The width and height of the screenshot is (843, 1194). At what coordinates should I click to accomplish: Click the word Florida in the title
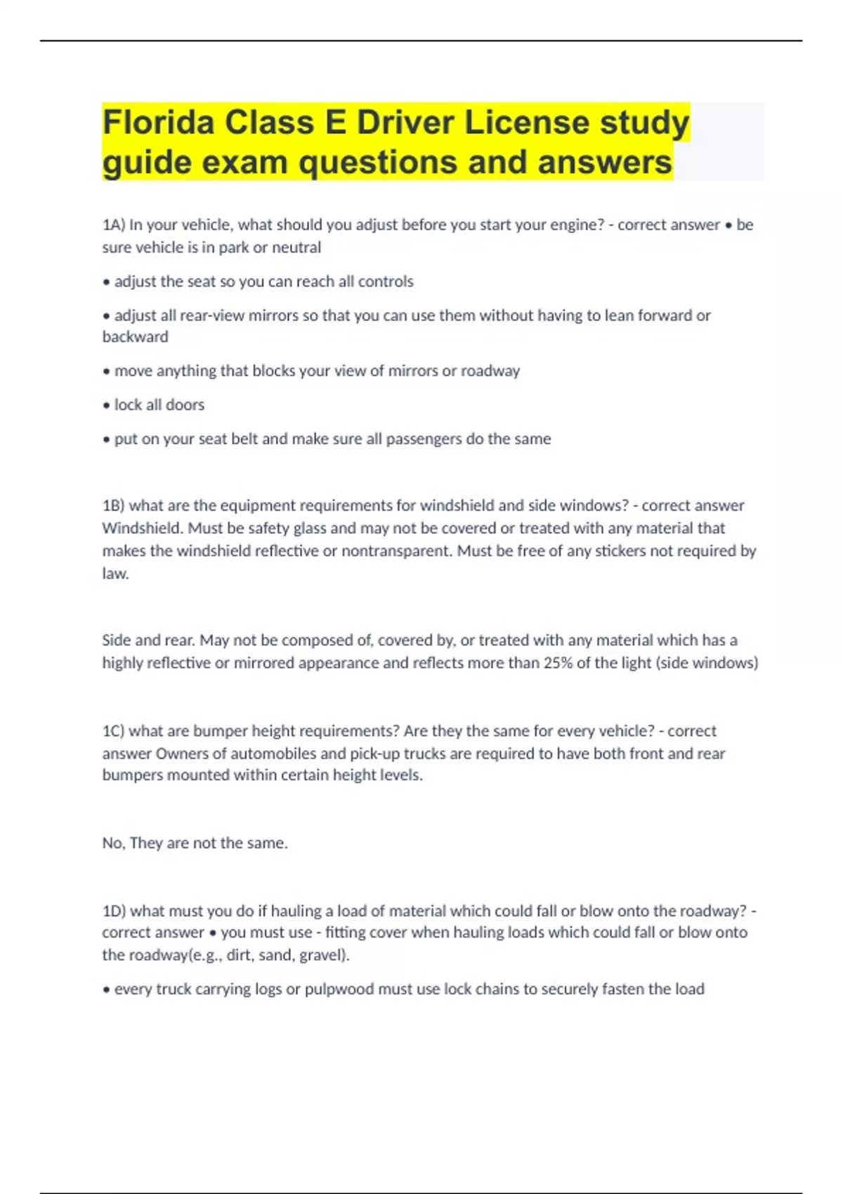click(x=159, y=122)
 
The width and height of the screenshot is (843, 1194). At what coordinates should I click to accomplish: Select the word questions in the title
click(x=377, y=162)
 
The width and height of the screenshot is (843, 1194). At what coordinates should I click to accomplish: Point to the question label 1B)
click(x=113, y=506)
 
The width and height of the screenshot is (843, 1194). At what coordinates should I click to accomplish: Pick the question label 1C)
click(x=113, y=731)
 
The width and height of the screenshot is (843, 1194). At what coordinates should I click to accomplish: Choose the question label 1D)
click(x=114, y=911)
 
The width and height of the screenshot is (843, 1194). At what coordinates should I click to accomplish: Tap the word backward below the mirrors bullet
click(x=135, y=337)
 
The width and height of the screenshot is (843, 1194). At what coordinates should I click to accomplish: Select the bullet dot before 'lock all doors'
click(x=107, y=405)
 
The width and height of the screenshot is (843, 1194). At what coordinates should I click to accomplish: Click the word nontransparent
click(x=396, y=551)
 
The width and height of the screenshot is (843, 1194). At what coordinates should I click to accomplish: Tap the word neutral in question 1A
click(x=299, y=247)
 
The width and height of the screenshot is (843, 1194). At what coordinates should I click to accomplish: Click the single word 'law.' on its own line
click(x=115, y=574)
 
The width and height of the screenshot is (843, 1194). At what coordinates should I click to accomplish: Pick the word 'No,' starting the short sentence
click(x=114, y=843)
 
